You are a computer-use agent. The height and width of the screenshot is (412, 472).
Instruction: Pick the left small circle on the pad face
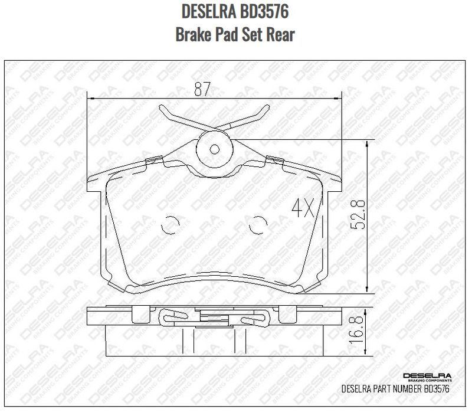click(x=170, y=225)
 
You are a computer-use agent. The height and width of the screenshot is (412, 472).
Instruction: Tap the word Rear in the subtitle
click(x=280, y=34)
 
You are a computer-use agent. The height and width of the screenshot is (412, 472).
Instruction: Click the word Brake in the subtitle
click(x=191, y=34)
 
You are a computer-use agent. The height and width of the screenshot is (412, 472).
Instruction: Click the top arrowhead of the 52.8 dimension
click(x=368, y=142)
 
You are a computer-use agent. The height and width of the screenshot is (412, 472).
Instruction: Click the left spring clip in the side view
click(x=176, y=317)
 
